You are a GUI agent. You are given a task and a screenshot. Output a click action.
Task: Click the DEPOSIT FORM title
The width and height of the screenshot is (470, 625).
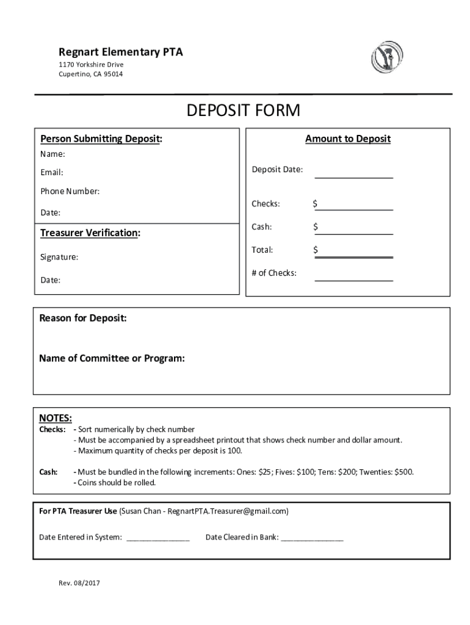[244, 111]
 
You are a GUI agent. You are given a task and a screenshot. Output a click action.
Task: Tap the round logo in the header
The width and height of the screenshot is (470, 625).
[386, 59]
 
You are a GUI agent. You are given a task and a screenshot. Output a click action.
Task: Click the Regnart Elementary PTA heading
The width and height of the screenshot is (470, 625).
[120, 52]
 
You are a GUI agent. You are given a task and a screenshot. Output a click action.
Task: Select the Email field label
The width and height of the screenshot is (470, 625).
[52, 173]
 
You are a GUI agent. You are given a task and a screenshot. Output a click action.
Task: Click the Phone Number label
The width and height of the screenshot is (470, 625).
[70, 191]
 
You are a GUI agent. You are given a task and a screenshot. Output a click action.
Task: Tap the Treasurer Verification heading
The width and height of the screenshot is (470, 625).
[90, 233]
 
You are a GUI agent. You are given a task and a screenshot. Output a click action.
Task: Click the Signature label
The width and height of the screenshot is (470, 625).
[59, 257]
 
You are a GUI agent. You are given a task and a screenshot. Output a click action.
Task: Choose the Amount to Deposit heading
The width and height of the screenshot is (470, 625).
[347, 139]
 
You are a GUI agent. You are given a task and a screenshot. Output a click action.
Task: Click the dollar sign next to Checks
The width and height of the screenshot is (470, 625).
[316, 204]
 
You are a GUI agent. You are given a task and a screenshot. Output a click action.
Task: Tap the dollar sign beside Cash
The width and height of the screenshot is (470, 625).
[316, 227]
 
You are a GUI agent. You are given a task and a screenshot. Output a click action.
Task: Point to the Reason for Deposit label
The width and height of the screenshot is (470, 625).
[83, 319]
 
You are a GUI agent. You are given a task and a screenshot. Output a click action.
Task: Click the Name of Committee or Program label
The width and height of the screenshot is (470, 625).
[112, 358]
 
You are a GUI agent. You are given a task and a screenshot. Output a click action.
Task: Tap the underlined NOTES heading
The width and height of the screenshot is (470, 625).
[56, 418]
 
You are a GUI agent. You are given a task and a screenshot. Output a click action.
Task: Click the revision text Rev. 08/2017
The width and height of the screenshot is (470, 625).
[79, 583]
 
